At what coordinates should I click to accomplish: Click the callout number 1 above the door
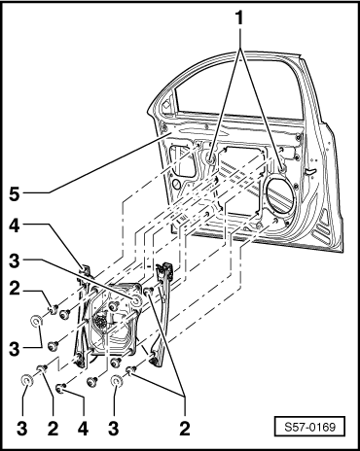(239, 18)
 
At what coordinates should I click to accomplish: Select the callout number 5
(15, 194)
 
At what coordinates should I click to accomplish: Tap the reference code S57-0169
(309, 427)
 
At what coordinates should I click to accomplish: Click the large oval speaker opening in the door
(281, 194)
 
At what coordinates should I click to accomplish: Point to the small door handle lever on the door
(310, 172)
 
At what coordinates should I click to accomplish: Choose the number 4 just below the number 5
(15, 226)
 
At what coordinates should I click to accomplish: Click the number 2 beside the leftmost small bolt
(15, 289)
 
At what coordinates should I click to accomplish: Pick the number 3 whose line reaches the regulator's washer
(15, 261)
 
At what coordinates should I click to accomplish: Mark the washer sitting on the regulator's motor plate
(135, 301)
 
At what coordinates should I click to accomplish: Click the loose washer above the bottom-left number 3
(26, 380)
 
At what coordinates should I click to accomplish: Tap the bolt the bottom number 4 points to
(60, 387)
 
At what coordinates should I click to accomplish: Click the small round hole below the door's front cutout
(176, 185)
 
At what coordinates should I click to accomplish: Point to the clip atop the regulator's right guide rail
(164, 268)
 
